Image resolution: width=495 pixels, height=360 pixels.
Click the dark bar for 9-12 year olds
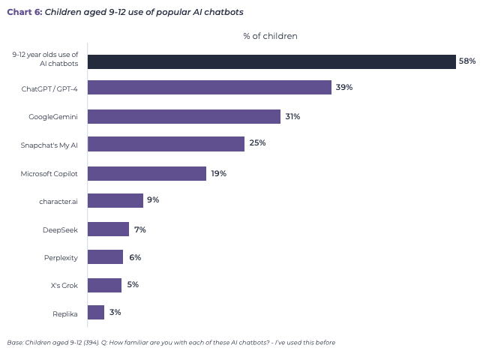coord(271,61)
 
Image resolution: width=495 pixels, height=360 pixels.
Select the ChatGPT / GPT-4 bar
coord(209,88)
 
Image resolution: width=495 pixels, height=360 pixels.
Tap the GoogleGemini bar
coord(184,116)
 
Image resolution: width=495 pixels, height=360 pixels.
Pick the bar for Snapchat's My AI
coord(166,144)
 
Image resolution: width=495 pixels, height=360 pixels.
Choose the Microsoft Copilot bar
coord(147,173)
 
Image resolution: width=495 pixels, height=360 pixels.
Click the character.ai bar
coord(115,200)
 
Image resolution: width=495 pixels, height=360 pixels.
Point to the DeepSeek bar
coord(108,229)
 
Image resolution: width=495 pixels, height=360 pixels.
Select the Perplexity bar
coord(105,257)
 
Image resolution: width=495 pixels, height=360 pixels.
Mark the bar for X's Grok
coord(104,285)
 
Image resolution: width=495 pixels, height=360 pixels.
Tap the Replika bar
coord(96,312)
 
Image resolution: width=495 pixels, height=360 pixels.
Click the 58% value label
coord(467,61)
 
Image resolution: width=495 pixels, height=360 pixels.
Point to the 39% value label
coord(344,88)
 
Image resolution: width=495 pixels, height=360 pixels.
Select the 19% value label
coord(218,173)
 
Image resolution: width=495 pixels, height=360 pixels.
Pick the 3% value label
coord(115,312)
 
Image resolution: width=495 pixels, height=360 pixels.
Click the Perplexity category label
coord(61,257)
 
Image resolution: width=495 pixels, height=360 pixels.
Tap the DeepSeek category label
coord(61,229)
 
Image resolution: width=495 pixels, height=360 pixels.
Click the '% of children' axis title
coord(270,36)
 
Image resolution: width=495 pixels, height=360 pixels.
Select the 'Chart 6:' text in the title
coord(24,12)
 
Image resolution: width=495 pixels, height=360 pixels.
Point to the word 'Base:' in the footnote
coord(15,343)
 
